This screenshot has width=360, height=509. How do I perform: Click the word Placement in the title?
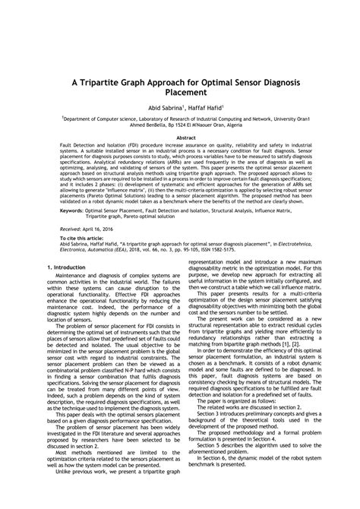(180, 93)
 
